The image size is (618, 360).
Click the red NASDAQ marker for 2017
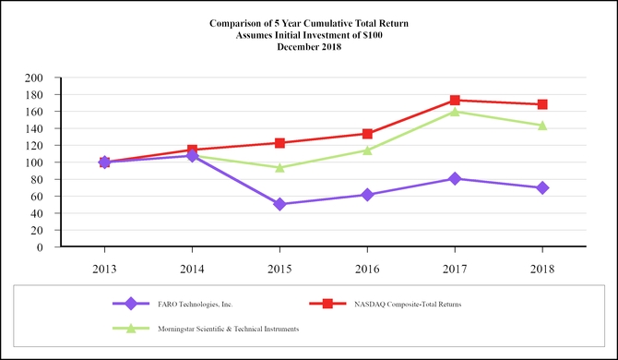pyautogui.click(x=455, y=100)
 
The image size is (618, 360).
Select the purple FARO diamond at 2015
pyautogui.click(x=279, y=204)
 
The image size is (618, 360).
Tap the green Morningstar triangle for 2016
pyautogui.click(x=367, y=150)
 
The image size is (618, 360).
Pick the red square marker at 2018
pyautogui.click(x=542, y=104)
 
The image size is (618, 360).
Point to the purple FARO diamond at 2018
pyautogui.click(x=542, y=187)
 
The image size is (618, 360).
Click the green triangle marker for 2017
pyautogui.click(x=455, y=112)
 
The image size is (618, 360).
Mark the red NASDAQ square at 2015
pyautogui.click(x=279, y=143)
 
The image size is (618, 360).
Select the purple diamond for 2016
pyautogui.click(x=367, y=195)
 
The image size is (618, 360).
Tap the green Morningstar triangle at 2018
pyautogui.click(x=542, y=126)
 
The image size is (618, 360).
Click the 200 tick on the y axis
pyautogui.click(x=35, y=78)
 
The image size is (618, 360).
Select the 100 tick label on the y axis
pyautogui.click(x=35, y=162)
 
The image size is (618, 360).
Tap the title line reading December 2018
pyautogui.click(x=309, y=46)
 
